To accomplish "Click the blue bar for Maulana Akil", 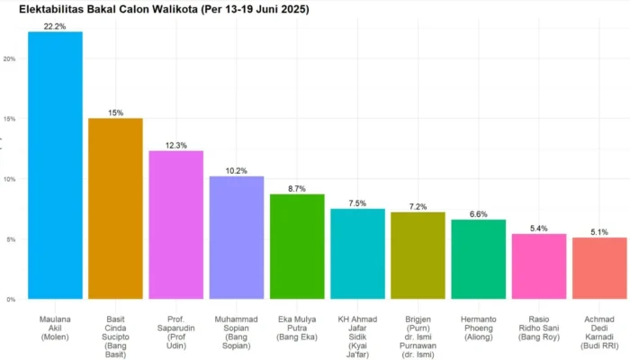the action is (x=55, y=165).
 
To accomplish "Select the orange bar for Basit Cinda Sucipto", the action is (x=116, y=209).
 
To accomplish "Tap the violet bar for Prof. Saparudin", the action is (x=176, y=225).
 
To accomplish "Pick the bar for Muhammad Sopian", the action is (x=237, y=238).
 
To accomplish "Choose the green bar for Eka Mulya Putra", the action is (x=297, y=247).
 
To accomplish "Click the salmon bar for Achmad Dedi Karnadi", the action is (x=599, y=268).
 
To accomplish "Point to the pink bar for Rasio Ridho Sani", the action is (x=539, y=266).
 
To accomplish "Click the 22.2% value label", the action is (x=55, y=26).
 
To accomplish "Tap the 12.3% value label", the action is (x=176, y=146).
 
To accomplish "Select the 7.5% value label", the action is (x=357, y=203).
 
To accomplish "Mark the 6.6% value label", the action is (x=478, y=214).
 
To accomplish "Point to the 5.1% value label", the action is (x=599, y=232).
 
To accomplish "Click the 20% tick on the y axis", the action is (x=9, y=58).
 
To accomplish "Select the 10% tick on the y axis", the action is (x=9, y=179).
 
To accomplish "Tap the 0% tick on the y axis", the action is (x=11, y=300).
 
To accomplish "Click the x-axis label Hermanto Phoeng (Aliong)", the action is (x=478, y=328).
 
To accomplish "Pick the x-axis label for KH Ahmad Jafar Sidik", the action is (x=357, y=337).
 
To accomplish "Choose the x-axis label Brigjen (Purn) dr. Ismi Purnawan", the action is (x=418, y=337).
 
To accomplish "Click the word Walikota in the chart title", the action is (x=175, y=9).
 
